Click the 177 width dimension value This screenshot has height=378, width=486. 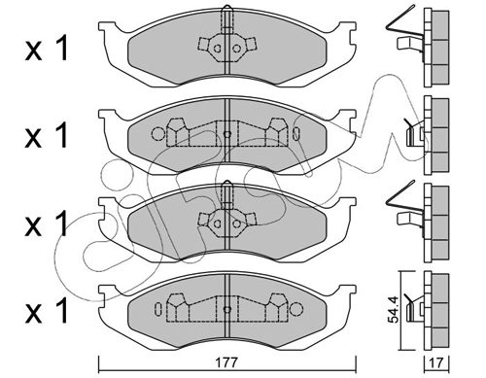(x=227, y=361)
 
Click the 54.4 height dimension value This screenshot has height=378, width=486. (x=394, y=310)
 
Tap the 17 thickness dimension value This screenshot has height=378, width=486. (x=436, y=362)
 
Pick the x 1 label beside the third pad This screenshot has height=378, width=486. (x=47, y=223)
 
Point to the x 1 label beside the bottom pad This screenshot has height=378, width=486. (x=47, y=310)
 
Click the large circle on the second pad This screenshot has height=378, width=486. (x=158, y=133)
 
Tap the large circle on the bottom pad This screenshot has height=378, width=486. (x=296, y=309)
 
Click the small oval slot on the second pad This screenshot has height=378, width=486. (x=296, y=133)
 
